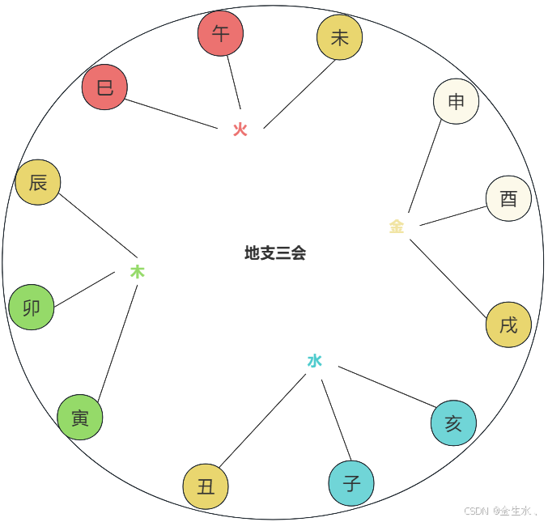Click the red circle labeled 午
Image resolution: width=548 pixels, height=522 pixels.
(220, 33)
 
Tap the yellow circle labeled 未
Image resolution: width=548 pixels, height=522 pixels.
(339, 37)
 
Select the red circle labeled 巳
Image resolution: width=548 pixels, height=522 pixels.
(104, 87)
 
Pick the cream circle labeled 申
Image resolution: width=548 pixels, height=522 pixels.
(456, 101)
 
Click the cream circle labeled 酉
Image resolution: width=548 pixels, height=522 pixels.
(508, 198)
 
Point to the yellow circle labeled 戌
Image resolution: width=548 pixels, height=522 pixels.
(508, 325)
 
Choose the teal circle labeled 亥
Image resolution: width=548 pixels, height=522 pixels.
(453, 423)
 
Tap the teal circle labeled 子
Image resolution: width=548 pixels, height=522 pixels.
(351, 483)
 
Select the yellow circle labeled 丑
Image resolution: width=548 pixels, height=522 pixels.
(206, 486)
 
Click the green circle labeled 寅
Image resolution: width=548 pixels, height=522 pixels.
(80, 418)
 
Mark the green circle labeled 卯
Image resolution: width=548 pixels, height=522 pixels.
(32, 308)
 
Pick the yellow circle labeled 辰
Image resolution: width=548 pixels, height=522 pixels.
(38, 182)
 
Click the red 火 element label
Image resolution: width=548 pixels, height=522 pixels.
(240, 129)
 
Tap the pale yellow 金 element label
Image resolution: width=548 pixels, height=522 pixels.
(396, 227)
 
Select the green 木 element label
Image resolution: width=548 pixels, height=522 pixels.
(138, 272)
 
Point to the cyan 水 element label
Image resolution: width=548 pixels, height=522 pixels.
(314, 361)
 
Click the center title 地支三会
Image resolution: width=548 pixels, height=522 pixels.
(275, 253)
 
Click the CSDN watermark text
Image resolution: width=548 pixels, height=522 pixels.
(500, 511)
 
